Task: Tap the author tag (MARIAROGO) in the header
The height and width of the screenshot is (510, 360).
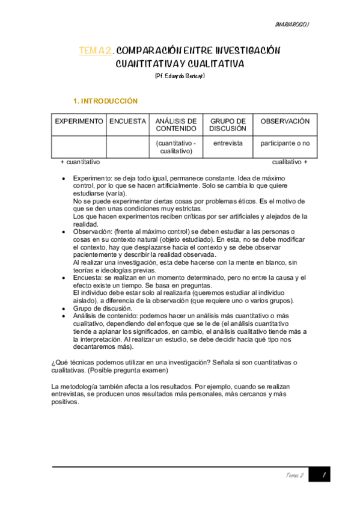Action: point(291,25)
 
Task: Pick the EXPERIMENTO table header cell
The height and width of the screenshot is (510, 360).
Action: point(79,121)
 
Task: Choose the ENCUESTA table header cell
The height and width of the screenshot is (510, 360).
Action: point(127,121)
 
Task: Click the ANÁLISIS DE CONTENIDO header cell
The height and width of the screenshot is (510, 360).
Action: point(176,124)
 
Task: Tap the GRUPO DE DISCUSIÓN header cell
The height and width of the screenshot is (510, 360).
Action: point(228,124)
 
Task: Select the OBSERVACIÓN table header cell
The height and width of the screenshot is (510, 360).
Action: point(285,121)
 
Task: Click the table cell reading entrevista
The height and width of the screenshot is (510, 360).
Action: point(228,144)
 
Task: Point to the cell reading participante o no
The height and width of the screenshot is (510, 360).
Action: point(285,144)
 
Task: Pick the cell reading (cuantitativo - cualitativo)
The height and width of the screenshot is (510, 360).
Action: point(176,147)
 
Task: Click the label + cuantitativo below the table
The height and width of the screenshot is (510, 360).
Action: point(80,162)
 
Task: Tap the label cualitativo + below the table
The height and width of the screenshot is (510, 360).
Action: point(290,162)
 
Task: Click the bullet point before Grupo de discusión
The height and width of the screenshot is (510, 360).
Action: point(64,309)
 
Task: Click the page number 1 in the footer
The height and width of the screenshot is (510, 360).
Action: point(323,475)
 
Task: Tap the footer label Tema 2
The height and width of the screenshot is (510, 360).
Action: point(294,475)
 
